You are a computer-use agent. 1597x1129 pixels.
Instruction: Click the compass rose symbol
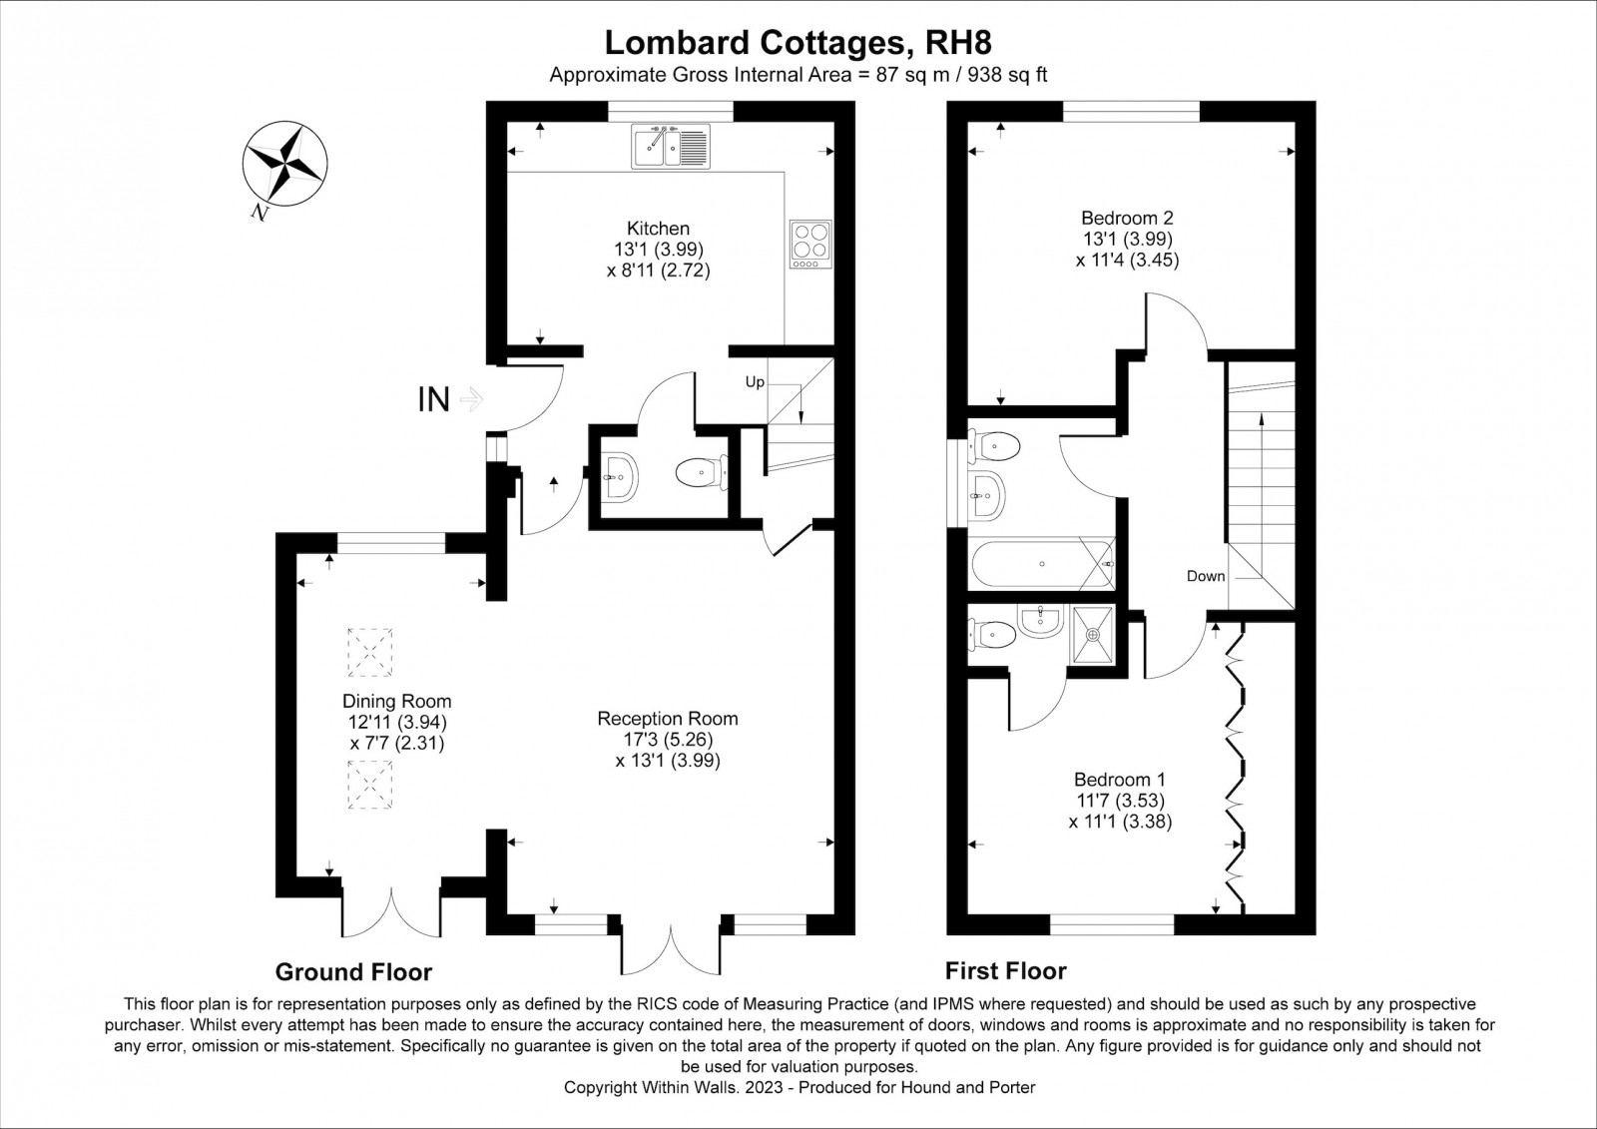[x=285, y=164]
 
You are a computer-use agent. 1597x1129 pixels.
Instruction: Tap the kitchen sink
[x=670, y=146]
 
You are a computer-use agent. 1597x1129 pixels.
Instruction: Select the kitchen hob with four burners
[x=810, y=244]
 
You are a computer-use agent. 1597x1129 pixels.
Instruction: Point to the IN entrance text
[x=433, y=400]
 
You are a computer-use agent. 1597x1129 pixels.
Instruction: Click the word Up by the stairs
[x=755, y=382]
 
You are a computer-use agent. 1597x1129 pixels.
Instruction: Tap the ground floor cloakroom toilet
[x=702, y=472]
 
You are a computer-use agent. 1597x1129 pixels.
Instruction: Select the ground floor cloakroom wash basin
[x=620, y=476]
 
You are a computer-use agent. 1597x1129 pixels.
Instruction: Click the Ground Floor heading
[x=353, y=972]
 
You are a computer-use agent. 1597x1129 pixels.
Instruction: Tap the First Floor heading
[x=1006, y=970]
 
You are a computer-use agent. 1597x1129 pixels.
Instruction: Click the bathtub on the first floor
[x=1042, y=564]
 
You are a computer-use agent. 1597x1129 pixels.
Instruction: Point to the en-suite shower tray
[x=1092, y=633]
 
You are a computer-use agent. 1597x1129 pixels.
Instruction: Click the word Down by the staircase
[x=1206, y=576]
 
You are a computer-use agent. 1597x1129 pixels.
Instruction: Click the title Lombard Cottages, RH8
[x=798, y=43]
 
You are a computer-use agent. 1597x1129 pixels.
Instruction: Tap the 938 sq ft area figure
[x=1007, y=75]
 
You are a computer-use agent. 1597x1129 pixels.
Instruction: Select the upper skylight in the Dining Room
[x=370, y=652]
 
